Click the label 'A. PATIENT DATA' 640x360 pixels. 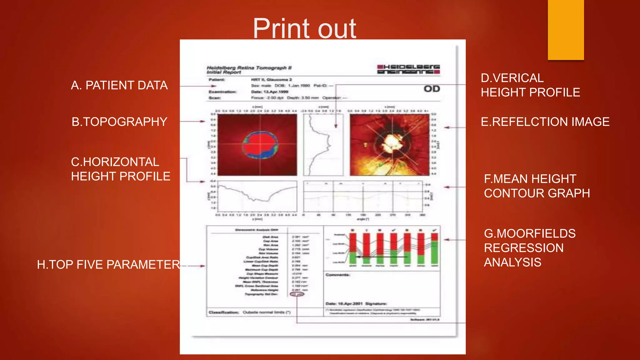coord(119,85)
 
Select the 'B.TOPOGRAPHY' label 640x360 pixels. coord(119,122)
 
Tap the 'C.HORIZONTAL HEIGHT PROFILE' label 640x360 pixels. coord(120,169)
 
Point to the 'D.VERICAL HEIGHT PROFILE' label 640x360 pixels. coord(530,85)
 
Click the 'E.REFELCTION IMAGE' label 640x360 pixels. coord(545,122)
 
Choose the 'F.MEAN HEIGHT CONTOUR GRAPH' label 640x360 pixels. coord(537,186)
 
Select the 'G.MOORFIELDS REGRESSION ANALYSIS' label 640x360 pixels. coord(529,248)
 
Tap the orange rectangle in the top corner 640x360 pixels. coord(566,30)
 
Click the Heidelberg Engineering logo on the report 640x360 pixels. coord(408,69)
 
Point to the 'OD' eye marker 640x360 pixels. coord(432,89)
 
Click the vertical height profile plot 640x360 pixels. coord(323,144)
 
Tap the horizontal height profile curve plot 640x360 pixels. coord(257,196)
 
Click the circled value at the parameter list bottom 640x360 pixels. coord(297,294)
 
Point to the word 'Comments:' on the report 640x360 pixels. coord(338,275)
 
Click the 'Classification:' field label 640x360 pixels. coord(224,312)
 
